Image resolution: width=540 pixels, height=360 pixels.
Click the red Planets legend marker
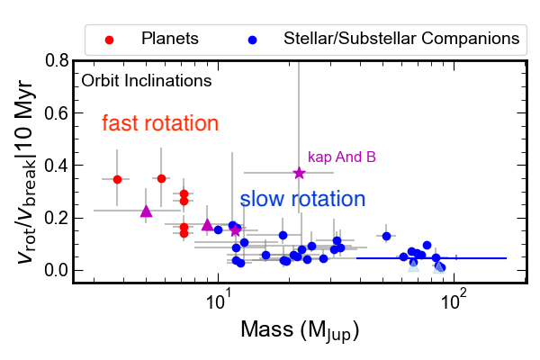click(x=109, y=39)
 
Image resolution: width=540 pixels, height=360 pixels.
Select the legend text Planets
click(x=170, y=39)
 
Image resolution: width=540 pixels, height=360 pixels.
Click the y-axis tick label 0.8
click(x=55, y=61)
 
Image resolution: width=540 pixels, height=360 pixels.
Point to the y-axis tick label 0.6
click(x=55, y=113)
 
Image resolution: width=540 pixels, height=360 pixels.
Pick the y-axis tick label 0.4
click(x=55, y=166)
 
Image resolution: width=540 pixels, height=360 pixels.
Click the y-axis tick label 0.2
click(x=55, y=218)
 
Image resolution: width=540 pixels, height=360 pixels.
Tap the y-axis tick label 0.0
click(x=55, y=270)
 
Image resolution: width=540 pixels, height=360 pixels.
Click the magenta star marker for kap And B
click(x=300, y=173)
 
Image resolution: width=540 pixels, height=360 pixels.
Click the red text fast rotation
click(x=160, y=122)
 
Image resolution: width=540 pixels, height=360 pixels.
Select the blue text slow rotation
click(x=302, y=199)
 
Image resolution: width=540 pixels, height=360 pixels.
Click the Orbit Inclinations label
click(x=146, y=80)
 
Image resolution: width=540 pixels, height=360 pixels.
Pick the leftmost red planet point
click(x=117, y=179)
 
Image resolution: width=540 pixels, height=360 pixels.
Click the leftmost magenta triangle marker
click(x=147, y=211)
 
